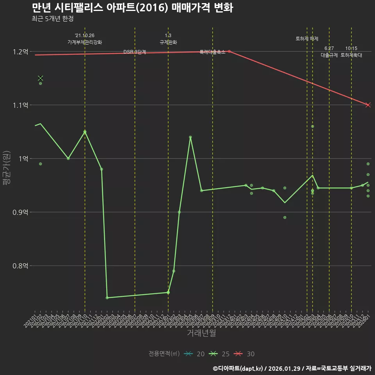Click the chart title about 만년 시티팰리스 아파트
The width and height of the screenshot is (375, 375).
coord(132,8)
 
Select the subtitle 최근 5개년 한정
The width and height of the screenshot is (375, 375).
coord(52,19)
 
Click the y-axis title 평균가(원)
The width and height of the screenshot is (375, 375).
coord(7,168)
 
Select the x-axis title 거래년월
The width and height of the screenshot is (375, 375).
coord(201,333)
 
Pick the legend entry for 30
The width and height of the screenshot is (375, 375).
coord(245,354)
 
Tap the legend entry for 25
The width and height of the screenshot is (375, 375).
coord(220,354)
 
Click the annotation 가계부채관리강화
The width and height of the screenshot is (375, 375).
coord(85,42)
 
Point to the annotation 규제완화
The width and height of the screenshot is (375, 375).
coord(168,42)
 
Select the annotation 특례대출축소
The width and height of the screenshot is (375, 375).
coord(212,52)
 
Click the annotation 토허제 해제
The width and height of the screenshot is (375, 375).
coord(307,39)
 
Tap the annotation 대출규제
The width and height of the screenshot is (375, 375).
coord(329,55)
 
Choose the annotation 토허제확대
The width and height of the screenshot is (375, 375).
coord(351,55)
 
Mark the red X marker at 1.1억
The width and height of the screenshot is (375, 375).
coord(368,105)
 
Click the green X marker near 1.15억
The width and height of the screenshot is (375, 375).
coord(40,78)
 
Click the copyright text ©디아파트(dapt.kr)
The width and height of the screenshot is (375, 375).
coord(238,368)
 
